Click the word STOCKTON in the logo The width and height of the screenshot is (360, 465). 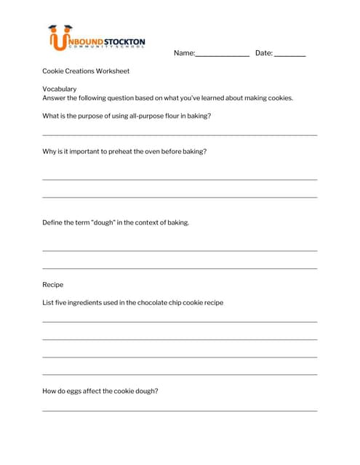tap(125, 42)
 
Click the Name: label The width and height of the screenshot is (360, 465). tap(184, 53)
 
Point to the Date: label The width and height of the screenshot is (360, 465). tap(263, 53)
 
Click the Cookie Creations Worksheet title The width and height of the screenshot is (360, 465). tap(86, 71)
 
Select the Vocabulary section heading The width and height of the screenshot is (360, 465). tap(60, 89)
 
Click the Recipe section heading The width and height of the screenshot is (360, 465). tap(53, 285)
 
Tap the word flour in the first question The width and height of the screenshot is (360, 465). tap(165, 116)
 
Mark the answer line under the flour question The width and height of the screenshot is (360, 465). tap(180, 134)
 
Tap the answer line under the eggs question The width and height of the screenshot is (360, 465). tap(180, 411)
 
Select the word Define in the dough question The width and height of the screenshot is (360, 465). tap(52, 222)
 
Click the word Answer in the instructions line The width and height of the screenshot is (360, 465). tap(54, 98)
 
